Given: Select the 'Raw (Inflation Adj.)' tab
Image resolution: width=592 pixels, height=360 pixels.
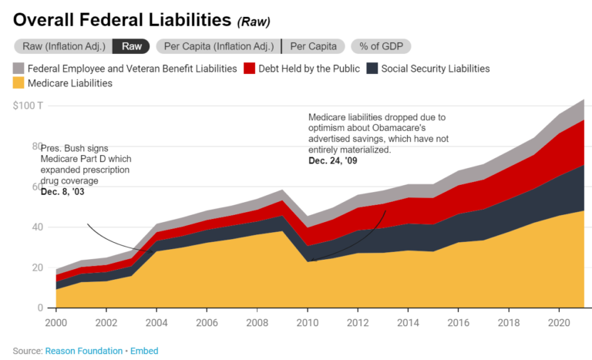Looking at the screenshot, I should (x=62, y=46).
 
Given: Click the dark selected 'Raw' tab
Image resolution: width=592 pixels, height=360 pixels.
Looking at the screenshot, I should (x=131, y=46).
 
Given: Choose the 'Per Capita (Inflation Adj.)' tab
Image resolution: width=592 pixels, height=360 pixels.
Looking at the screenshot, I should (x=217, y=46).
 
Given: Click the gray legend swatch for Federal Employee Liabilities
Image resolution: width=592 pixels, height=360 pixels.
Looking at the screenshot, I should (x=19, y=69).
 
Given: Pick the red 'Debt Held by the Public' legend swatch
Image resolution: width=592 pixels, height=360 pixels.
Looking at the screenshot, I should (x=250, y=69).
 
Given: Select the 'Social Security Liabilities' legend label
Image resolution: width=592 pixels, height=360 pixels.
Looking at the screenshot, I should (x=435, y=69).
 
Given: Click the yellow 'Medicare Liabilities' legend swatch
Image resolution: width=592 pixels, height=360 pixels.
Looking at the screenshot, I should (x=19, y=83).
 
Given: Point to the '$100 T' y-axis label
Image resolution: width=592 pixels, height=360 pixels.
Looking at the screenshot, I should (x=28, y=105).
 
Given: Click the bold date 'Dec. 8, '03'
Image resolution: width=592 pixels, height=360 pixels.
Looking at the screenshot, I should (x=62, y=191).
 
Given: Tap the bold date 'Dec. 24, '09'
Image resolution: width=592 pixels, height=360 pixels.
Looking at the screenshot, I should (x=333, y=161).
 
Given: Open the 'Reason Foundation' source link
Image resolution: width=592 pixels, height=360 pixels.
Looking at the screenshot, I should (x=82, y=351).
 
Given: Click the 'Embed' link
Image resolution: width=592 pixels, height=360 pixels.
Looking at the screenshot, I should (x=143, y=351).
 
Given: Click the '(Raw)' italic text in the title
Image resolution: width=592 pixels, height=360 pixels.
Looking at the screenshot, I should (x=254, y=22).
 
